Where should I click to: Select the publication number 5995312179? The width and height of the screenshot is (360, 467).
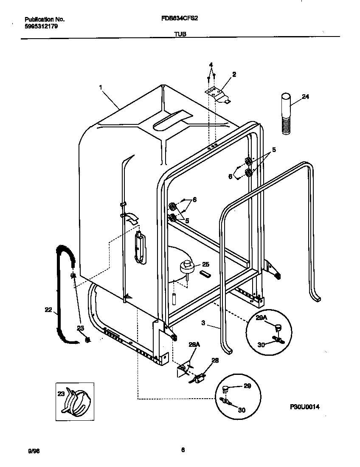click(41, 26)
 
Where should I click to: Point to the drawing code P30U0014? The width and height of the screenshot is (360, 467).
click(304, 407)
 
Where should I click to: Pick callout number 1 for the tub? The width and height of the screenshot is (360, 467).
click(101, 87)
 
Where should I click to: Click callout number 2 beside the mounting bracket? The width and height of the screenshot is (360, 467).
click(234, 74)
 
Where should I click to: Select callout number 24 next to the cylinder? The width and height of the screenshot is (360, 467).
click(305, 97)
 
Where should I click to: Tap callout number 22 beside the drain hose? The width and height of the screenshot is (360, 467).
click(48, 310)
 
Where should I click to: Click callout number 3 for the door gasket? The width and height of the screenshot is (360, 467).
click(203, 323)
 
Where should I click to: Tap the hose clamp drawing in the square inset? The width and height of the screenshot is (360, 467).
click(76, 401)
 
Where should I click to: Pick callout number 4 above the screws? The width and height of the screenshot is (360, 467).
click(211, 65)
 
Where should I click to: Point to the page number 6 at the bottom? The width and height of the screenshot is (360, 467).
click(183, 450)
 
